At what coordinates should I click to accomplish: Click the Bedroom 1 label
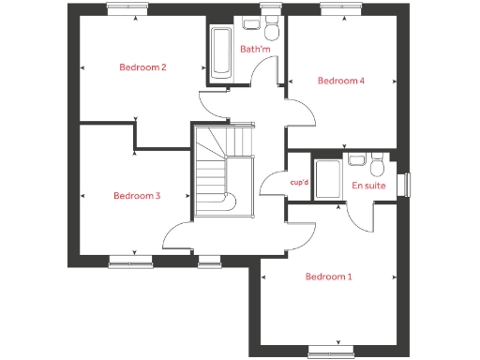click(330, 277)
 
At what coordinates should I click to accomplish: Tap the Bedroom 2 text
click(142, 67)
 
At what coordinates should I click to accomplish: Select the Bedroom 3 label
click(137, 196)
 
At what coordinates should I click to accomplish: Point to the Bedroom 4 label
click(340, 81)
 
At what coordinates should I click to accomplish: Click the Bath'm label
click(255, 49)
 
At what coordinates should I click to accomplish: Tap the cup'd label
click(300, 183)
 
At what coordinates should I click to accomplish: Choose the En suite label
click(367, 186)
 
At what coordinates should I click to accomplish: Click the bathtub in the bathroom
click(221, 55)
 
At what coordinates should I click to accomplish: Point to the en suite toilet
click(377, 166)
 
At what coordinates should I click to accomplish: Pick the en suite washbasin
click(356, 159)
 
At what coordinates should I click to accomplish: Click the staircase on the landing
click(223, 169)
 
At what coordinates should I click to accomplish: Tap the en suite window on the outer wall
click(407, 184)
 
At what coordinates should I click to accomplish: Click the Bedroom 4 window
click(334, 9)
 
